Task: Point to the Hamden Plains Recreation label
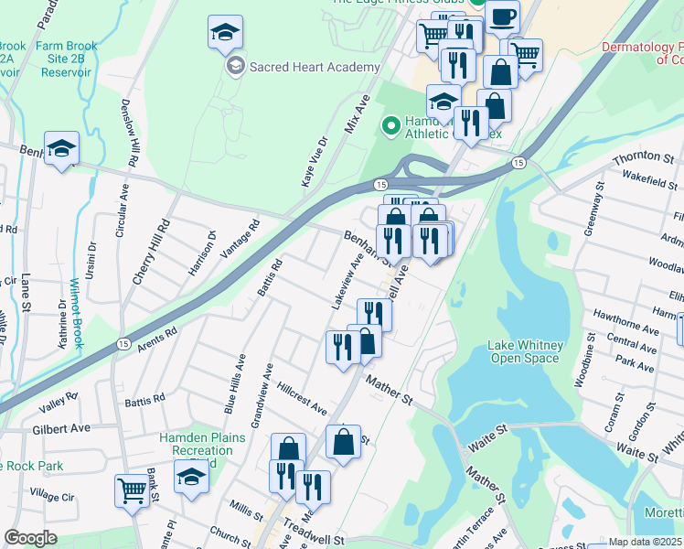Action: [202, 445]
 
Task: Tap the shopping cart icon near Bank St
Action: [133, 491]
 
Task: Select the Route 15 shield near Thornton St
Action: [518, 163]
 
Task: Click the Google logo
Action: [30, 538]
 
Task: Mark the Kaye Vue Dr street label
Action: [315, 163]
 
